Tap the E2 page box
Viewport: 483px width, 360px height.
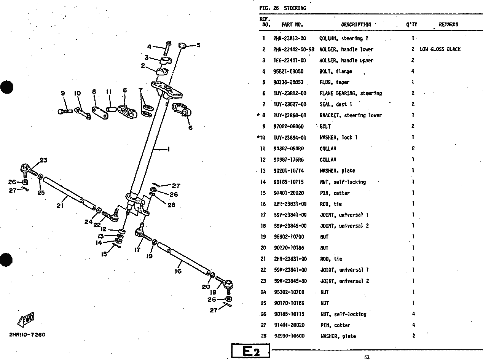click(250, 351)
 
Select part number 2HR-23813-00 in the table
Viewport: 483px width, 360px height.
click(289, 38)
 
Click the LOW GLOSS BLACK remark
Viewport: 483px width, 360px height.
click(440, 49)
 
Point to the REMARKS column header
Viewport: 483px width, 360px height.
click(448, 24)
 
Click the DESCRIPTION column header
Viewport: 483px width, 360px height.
click(356, 24)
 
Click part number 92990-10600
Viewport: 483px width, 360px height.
click(289, 336)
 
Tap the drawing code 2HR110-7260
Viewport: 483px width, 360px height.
click(27, 335)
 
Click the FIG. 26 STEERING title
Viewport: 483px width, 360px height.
click(282, 8)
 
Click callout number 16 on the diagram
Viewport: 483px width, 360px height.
click(178, 271)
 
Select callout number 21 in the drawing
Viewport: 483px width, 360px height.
click(60, 206)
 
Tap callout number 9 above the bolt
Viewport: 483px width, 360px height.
click(63, 93)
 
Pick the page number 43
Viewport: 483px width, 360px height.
click(367, 357)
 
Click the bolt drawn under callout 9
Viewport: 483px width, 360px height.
click(65, 111)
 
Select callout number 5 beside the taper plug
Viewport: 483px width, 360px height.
click(198, 45)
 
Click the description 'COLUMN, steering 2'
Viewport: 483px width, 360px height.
click(344, 38)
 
